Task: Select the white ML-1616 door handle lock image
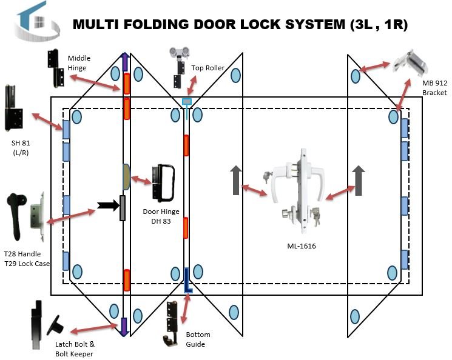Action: tap(299, 188)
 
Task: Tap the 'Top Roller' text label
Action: tap(208, 68)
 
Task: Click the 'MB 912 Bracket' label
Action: tap(435, 88)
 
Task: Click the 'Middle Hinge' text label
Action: tap(79, 63)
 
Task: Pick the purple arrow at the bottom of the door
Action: tap(124, 327)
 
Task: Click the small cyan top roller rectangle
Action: tap(186, 101)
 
